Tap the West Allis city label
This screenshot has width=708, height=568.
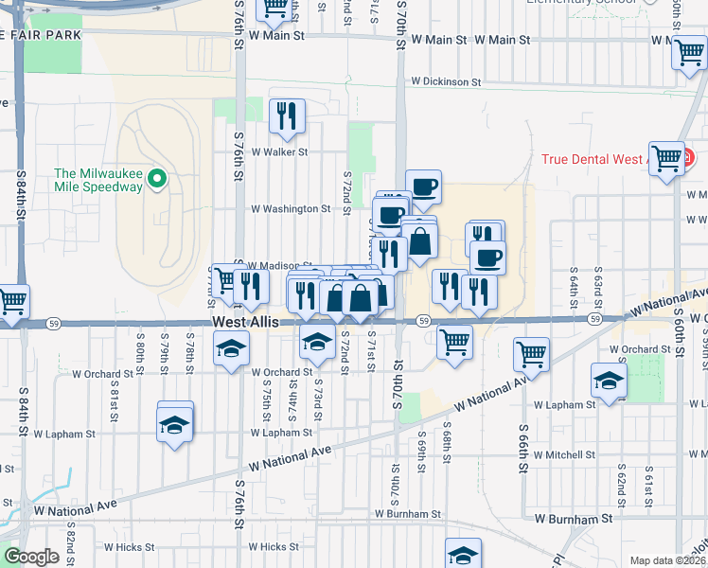coord(246,323)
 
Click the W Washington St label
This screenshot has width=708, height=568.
coord(290,209)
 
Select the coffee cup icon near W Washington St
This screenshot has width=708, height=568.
coord(423,187)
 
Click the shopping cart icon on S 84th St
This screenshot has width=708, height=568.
coord(11,302)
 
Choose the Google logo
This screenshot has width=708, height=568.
coord(31,557)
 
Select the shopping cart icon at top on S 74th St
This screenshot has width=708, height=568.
coord(274,9)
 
